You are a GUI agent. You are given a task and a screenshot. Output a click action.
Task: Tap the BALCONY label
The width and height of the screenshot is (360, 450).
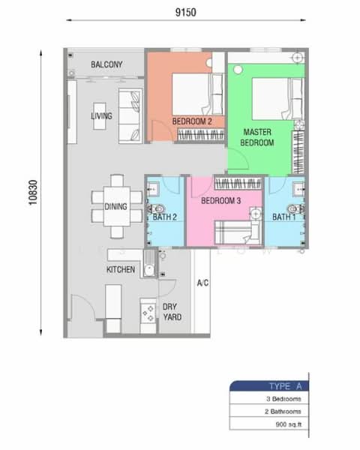106,65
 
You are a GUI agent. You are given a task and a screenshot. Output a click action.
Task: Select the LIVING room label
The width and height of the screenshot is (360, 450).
101,116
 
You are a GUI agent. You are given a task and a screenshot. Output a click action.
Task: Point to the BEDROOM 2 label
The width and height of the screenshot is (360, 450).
192,121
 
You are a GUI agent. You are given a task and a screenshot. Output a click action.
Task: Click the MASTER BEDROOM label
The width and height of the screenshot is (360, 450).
257,136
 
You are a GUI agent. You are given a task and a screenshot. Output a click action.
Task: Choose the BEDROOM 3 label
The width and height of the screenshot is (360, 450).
220,201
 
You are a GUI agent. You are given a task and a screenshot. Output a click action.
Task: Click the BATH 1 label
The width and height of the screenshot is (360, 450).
283,217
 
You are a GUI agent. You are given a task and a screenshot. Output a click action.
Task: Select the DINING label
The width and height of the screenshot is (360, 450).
116,207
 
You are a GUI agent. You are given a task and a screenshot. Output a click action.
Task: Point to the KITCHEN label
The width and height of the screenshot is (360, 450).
120,268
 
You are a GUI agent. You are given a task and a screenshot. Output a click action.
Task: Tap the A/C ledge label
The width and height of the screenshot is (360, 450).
202,283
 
